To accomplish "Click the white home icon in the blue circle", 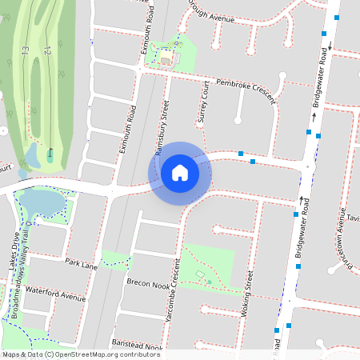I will click(180, 172).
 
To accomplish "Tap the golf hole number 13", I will click(26, 50).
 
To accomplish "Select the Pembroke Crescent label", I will click(238, 89).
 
